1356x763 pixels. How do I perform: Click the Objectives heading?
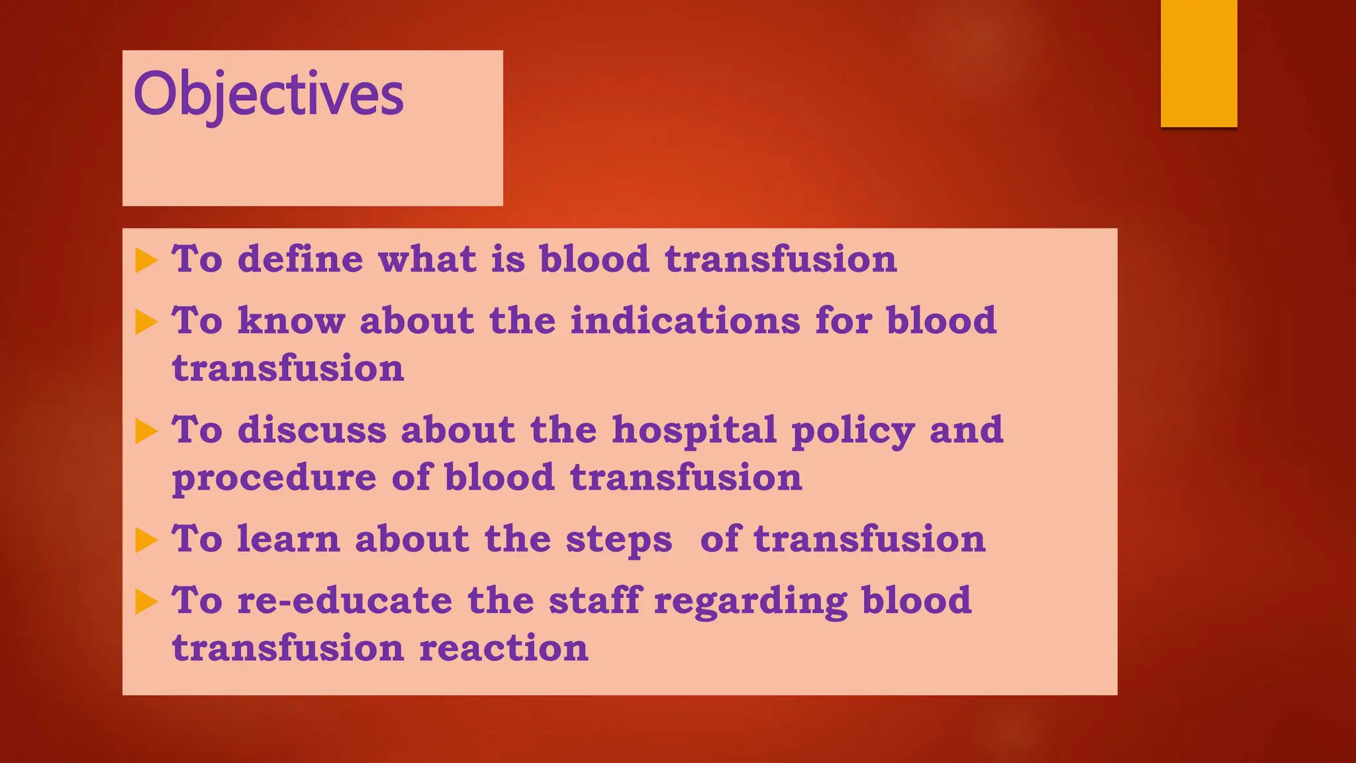(268, 95)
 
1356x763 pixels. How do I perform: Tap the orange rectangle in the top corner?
(1198, 63)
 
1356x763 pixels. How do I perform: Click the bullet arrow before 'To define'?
(146, 260)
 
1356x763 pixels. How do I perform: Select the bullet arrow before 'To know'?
(146, 323)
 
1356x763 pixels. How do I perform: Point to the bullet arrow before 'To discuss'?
(146, 432)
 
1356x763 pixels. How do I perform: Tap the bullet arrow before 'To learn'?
(146, 540)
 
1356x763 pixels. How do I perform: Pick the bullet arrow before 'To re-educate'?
(146, 602)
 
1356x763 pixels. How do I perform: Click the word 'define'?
(300, 258)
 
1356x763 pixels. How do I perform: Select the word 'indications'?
(685, 321)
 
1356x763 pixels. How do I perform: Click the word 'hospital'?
(694, 430)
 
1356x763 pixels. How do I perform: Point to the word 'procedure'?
(274, 478)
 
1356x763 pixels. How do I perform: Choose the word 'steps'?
(618, 540)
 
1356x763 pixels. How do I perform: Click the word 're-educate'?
(344, 600)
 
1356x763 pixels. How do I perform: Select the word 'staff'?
(595, 600)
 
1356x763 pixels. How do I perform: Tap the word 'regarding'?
(750, 601)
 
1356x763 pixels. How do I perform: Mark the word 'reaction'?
(503, 648)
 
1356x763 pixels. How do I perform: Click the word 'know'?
(291, 321)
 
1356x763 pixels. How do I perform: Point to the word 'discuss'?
(311, 430)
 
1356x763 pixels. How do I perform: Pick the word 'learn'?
(288, 538)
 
